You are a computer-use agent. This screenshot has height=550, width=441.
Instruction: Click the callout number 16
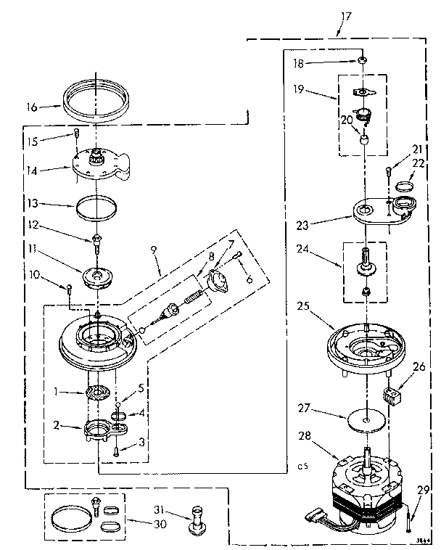(x=32, y=107)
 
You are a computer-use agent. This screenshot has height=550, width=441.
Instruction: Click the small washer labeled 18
(x=360, y=64)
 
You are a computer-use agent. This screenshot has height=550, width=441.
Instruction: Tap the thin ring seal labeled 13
(x=96, y=208)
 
